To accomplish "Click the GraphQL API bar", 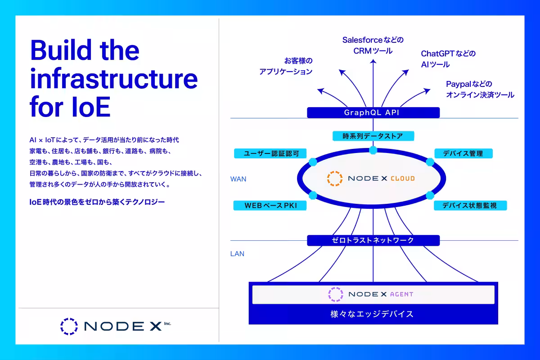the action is click(x=373, y=112).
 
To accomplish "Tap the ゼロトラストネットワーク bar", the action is click(x=373, y=240).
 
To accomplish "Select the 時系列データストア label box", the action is click(x=373, y=136).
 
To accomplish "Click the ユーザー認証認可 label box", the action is click(x=270, y=153).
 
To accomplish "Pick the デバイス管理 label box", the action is click(x=463, y=153).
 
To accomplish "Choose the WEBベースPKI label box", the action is click(x=270, y=206).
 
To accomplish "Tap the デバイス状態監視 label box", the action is click(x=470, y=206).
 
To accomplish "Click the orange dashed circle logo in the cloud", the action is click(x=335, y=179).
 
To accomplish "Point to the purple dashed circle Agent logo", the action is click(x=336, y=294).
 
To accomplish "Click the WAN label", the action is click(x=238, y=179).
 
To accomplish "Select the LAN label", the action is click(x=237, y=254).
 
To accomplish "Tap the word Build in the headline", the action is click(x=61, y=49).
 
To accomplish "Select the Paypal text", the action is click(x=458, y=84).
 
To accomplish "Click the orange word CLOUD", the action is click(x=403, y=179).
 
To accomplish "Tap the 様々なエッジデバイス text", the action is click(x=372, y=314).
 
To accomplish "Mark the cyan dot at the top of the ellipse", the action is click(x=373, y=150).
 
